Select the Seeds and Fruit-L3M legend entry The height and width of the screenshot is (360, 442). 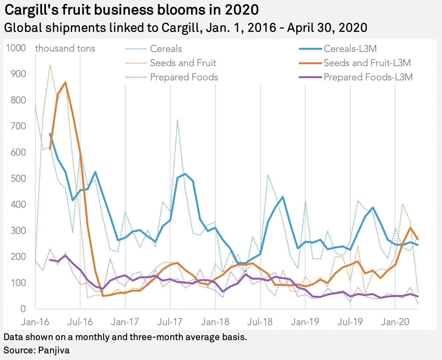(367, 63)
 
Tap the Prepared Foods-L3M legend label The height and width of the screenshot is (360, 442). (368, 77)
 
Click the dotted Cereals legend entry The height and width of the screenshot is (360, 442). (166, 49)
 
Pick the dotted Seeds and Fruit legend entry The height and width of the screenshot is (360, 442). (183, 63)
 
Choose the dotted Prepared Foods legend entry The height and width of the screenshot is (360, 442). (184, 77)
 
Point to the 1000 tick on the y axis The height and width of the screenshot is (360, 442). (16, 48)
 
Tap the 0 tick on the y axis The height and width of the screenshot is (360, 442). (23, 309)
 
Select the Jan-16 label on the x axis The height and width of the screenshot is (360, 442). (35, 322)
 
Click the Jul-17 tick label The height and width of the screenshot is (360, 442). (170, 322)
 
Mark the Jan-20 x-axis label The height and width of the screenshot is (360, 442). (395, 322)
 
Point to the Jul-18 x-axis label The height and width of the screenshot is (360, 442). (260, 322)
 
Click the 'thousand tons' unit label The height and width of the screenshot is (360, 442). (65, 48)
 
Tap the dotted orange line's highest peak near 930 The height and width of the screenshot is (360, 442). (50, 65)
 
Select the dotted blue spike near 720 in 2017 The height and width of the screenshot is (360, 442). (178, 120)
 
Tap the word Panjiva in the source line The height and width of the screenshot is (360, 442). (54, 350)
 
